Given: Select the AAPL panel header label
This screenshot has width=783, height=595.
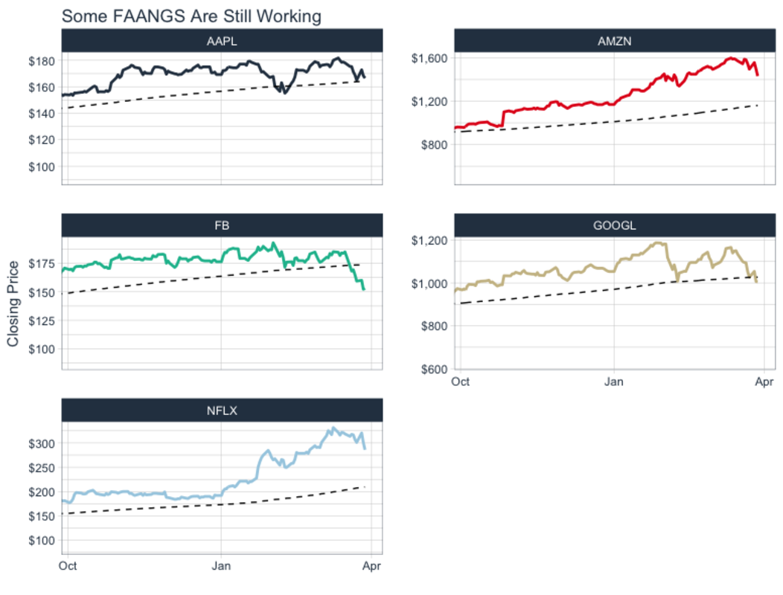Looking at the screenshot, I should click(222, 41).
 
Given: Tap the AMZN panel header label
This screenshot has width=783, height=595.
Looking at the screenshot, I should click(614, 41).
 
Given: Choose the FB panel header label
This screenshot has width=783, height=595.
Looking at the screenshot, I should click(222, 225).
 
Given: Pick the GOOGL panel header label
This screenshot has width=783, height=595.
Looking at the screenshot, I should click(614, 225).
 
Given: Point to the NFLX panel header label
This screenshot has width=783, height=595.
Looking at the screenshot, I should click(222, 410).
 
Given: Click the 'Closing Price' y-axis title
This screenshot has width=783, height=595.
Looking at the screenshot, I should click(13, 303).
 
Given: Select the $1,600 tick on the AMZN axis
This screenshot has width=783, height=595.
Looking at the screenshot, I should click(429, 58).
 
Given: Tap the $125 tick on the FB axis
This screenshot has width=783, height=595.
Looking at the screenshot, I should click(42, 321).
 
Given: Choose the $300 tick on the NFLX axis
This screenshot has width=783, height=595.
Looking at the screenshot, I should click(42, 443).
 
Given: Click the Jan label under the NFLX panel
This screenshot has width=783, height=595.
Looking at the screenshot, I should click(222, 566).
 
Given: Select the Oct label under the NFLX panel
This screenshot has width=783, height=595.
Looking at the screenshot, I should click(68, 566).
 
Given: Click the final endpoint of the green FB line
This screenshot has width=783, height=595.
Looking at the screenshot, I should click(364, 289).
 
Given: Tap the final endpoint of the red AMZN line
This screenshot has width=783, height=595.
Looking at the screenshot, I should click(757, 75).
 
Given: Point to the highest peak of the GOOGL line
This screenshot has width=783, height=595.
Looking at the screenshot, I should click(658, 242).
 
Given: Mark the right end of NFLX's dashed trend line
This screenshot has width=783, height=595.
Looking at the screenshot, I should click(365, 486).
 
